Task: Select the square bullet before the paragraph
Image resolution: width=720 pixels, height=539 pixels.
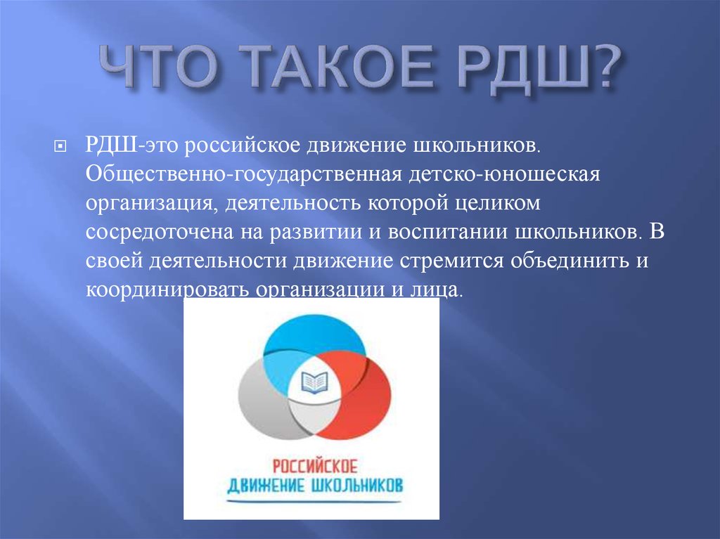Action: [x=60, y=146]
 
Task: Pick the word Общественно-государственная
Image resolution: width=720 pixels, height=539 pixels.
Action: [x=244, y=174]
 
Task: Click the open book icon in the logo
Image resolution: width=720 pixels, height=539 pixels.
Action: [x=314, y=382]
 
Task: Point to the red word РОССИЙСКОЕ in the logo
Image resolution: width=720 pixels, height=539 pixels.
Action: [x=314, y=467]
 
